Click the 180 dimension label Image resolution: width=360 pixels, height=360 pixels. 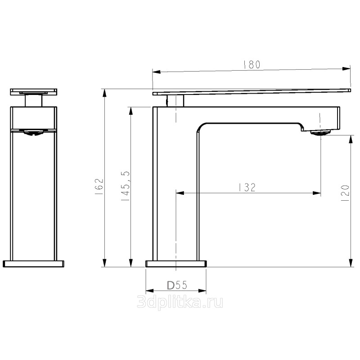coord(252,64)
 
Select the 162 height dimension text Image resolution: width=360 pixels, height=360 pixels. coord(99,187)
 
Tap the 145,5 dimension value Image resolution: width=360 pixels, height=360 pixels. coord(126,186)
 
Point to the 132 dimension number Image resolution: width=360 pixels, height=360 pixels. coord(247,187)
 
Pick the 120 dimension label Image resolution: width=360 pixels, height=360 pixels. coord(345,193)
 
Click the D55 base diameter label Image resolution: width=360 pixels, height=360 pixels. coord(177,285)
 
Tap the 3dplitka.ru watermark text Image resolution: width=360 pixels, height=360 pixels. coord(180,301)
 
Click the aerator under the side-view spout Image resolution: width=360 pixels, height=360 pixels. coord(320,132)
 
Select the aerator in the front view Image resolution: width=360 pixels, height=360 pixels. coord(33,132)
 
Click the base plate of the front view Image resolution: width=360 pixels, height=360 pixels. coord(33,264)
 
